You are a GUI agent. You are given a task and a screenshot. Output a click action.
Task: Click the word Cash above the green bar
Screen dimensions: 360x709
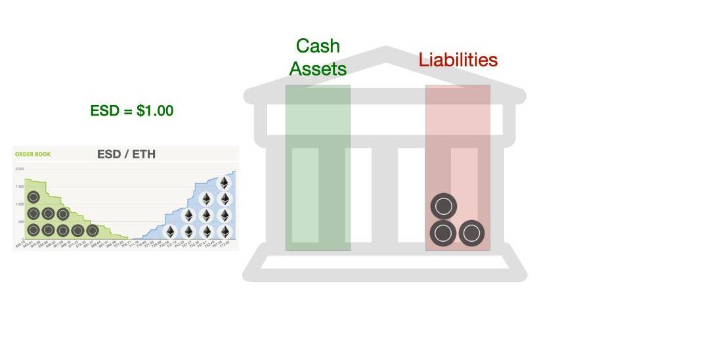pos(318,46)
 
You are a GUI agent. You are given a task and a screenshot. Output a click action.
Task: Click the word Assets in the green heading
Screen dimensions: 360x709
pos(318,68)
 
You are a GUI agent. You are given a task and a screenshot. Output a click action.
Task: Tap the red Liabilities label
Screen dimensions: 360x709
pos(458,60)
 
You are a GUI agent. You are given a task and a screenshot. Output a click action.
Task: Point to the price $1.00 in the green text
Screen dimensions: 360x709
pos(155,111)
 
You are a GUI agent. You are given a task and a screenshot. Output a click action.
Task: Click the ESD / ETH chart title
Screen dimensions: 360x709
pos(126,154)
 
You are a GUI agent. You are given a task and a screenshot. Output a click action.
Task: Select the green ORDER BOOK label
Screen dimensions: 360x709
pos(33,154)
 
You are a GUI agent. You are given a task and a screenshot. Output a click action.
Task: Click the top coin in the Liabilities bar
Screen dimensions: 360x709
pos(444,206)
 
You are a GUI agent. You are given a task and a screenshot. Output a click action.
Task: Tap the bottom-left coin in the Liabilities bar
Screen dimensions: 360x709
pos(444,233)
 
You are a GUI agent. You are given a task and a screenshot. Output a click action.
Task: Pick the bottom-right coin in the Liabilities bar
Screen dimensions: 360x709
pos(471,233)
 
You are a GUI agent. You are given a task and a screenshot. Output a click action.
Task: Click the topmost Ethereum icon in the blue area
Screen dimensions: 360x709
pos(225,183)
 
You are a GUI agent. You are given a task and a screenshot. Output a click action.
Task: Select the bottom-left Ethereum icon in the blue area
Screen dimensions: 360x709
pos(170,232)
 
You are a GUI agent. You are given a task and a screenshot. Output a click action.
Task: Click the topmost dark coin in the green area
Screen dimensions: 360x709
pos(33,197)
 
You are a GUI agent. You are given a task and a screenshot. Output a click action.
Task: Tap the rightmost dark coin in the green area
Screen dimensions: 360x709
pos(93,231)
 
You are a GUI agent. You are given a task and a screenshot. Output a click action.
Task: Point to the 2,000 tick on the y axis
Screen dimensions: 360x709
pos(19,169)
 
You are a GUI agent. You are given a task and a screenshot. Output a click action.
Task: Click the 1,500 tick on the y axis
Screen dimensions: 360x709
pos(19,187)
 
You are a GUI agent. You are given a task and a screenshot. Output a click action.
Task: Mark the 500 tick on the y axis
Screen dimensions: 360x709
pos(20,221)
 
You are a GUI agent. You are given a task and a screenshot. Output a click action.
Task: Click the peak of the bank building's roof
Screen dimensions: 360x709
pos(386,51)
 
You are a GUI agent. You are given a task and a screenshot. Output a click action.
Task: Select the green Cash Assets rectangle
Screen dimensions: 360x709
pos(318,168)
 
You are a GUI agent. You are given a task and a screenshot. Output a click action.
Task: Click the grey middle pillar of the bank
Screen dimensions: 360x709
pos(385,194)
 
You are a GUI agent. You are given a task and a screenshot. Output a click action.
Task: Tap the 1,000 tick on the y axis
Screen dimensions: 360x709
pos(19,204)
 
